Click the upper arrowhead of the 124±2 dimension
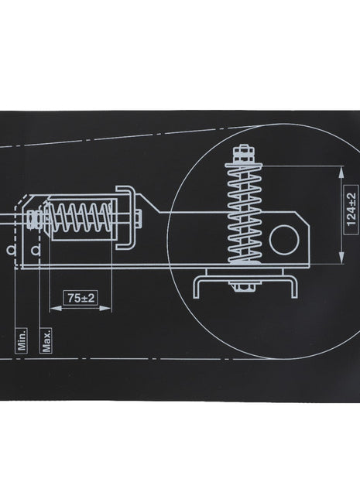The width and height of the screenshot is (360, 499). point(339,173)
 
